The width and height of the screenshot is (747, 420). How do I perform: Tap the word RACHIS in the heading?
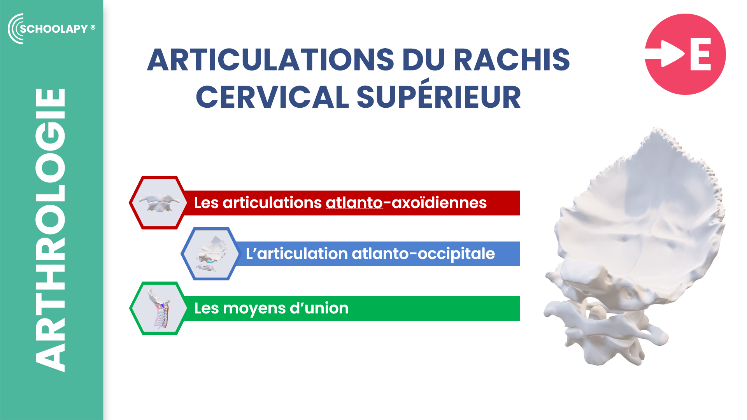(512, 60)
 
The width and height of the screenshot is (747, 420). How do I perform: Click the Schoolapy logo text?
(54, 29)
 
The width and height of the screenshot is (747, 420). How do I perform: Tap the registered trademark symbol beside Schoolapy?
(93, 27)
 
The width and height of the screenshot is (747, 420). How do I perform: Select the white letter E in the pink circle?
(700, 54)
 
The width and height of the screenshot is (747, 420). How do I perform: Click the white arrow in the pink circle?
(665, 54)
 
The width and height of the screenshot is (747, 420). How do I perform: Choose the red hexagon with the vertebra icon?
(158, 203)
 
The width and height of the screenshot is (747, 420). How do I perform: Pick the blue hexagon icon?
(210, 254)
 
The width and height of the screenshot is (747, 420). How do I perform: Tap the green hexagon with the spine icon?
(158, 308)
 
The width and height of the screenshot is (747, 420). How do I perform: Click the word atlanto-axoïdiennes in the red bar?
(406, 203)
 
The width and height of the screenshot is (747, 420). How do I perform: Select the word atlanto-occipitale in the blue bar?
(423, 254)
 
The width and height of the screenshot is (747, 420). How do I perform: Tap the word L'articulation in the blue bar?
(296, 254)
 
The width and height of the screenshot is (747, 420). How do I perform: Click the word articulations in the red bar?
(272, 203)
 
